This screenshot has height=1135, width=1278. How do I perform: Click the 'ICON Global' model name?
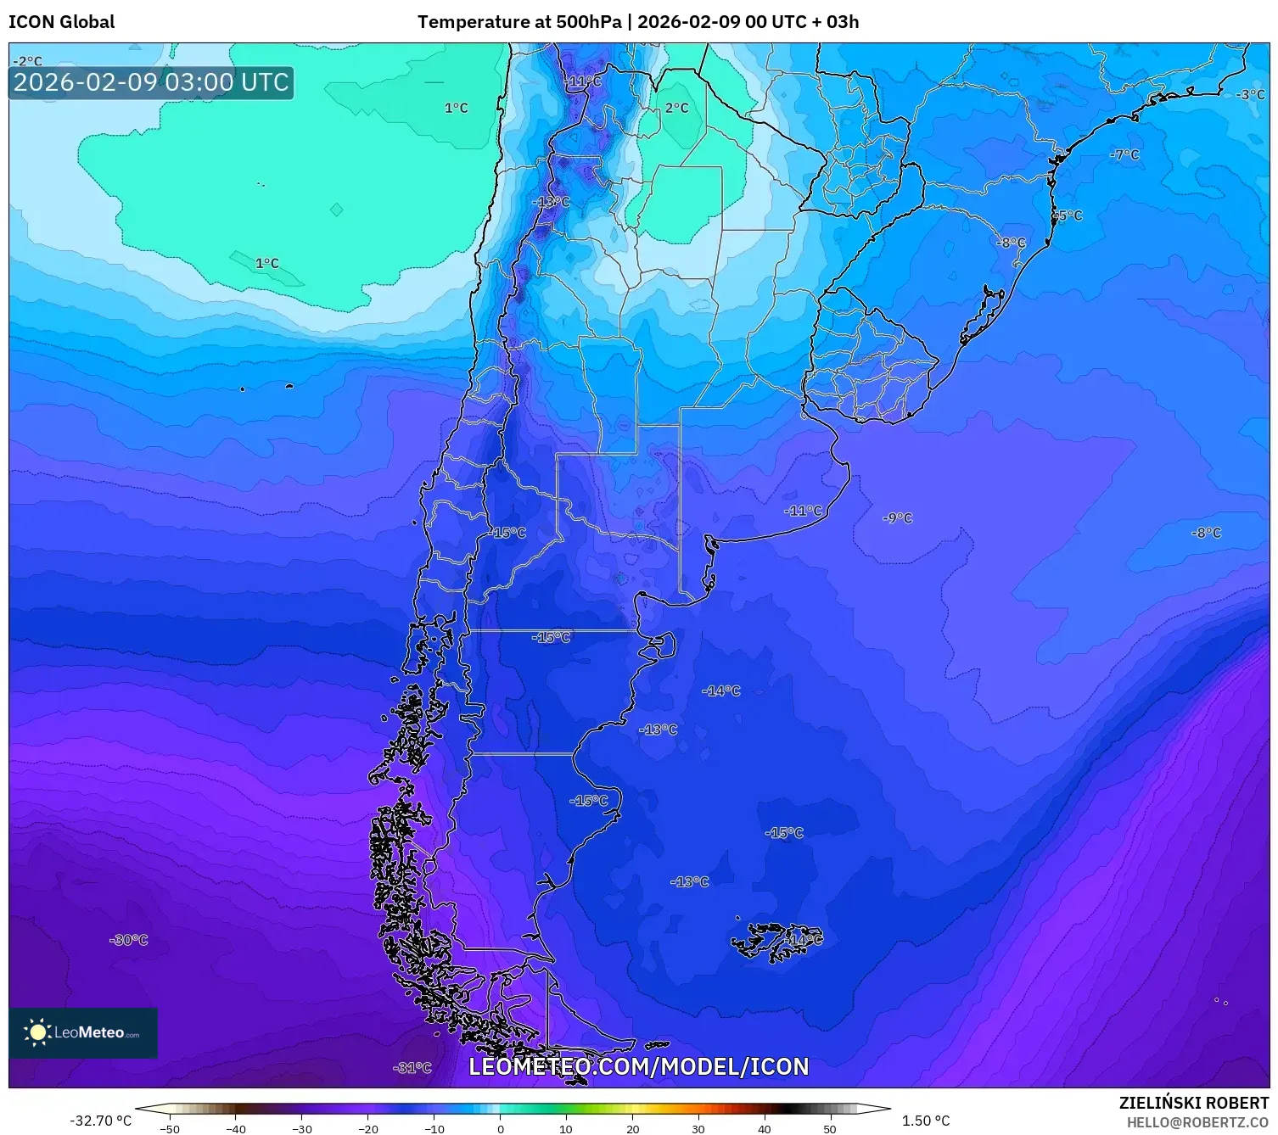pyautogui.click(x=61, y=22)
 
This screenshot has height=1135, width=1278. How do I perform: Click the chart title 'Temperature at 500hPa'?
pyautogui.click(x=518, y=22)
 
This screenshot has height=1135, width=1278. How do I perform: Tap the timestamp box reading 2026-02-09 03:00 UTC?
pyautogui.click(x=151, y=82)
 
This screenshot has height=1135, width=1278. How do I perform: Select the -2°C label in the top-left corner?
pyautogui.click(x=27, y=61)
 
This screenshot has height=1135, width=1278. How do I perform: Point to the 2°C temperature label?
pyautogui.click(x=676, y=108)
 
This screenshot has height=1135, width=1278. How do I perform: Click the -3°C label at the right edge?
pyautogui.click(x=1249, y=94)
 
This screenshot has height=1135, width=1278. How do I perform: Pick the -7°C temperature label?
pyautogui.click(x=1124, y=154)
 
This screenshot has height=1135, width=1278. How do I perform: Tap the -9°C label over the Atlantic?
pyautogui.click(x=897, y=517)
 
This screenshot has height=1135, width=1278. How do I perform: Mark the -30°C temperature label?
pyautogui.click(x=129, y=940)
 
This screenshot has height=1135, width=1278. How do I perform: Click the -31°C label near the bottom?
pyautogui.click(x=412, y=1068)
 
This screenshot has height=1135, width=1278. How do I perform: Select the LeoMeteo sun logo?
pyautogui.click(x=37, y=1032)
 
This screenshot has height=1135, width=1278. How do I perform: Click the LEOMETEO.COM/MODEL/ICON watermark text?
pyautogui.click(x=638, y=1066)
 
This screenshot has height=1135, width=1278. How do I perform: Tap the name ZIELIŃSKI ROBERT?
pyautogui.click(x=1193, y=1104)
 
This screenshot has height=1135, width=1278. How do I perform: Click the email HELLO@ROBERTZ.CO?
pyautogui.click(x=1197, y=1122)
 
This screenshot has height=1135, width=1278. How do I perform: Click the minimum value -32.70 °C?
pyautogui.click(x=100, y=1121)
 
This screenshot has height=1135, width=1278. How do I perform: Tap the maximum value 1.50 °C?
pyautogui.click(x=925, y=1121)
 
